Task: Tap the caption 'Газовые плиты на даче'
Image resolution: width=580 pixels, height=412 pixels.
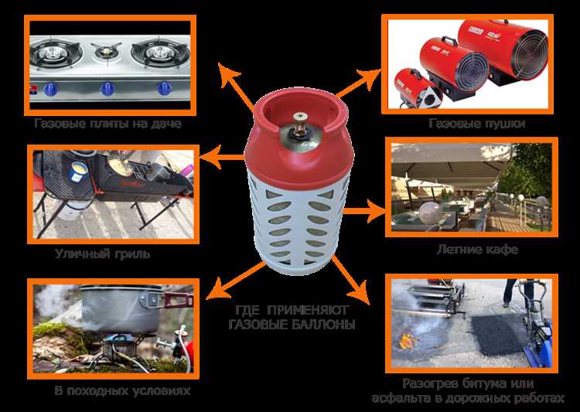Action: tap(108, 123)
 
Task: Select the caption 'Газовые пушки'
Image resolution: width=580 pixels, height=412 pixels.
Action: tap(477, 123)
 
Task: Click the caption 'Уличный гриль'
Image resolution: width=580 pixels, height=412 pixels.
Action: tap(102, 254)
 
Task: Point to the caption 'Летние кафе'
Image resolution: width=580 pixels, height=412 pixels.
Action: tap(477, 249)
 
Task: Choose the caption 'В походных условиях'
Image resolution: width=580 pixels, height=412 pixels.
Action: tap(122, 390)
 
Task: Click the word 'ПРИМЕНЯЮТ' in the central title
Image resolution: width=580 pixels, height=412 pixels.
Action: tap(308, 310)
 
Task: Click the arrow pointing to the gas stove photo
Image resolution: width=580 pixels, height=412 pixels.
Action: tap(237, 87)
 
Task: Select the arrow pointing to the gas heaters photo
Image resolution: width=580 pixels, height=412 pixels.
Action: tap(359, 83)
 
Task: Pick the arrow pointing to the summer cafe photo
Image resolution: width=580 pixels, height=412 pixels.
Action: tap(364, 211)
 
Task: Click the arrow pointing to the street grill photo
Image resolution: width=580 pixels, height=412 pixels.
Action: tap(222, 157)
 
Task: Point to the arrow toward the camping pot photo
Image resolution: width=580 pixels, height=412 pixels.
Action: tap(236, 281)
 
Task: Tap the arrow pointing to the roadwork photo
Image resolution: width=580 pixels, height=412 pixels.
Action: tap(350, 279)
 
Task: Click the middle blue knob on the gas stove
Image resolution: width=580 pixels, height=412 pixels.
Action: tap(107, 89)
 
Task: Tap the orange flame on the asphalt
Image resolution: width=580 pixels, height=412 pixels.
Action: tap(408, 341)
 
